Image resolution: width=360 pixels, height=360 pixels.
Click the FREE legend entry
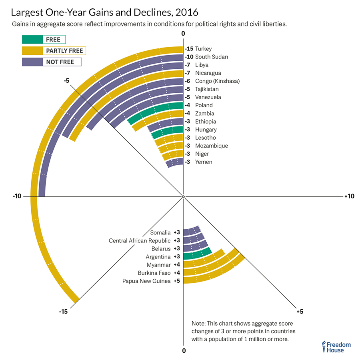click(x=44, y=39)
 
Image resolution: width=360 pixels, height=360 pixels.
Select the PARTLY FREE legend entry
click(x=54, y=51)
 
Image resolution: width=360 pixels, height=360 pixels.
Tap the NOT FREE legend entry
click(x=52, y=62)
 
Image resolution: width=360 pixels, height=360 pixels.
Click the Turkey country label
click(x=203, y=49)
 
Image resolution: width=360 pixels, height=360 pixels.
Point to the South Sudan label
click(x=212, y=57)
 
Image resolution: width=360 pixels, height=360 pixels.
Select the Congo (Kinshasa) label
click(x=217, y=81)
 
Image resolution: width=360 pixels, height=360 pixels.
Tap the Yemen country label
click(x=204, y=162)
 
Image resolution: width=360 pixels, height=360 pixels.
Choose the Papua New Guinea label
click(x=146, y=281)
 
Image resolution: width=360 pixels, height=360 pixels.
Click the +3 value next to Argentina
click(x=177, y=257)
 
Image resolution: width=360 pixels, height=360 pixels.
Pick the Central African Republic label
click(x=140, y=240)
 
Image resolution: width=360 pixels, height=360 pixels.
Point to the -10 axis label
click(x=17, y=196)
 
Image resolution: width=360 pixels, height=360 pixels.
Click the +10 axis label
click(x=349, y=196)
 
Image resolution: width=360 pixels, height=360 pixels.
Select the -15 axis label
click(x=63, y=311)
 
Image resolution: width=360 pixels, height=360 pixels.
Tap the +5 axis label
click(x=300, y=311)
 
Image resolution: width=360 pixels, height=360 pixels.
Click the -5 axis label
click(x=66, y=80)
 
